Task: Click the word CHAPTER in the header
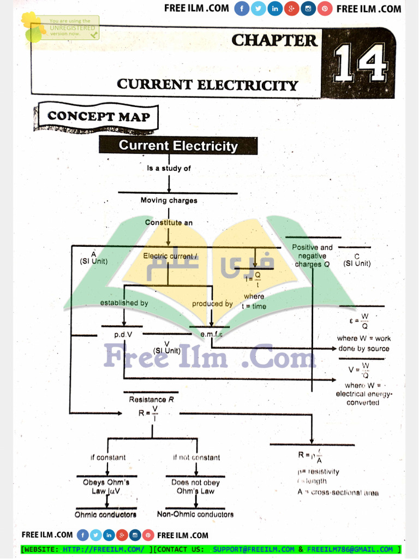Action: coord(274,40)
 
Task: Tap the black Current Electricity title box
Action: coord(178,146)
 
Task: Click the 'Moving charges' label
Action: coord(169,200)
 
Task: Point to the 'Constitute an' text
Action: coord(169,223)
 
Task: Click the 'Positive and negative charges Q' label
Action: coord(312,255)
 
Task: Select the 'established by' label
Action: coord(124,303)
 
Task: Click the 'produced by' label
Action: coord(212,304)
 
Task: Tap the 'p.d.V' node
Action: coord(123,334)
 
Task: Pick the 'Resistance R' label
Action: coord(151,400)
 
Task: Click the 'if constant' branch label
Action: coord(108,457)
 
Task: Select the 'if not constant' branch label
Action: coord(196,457)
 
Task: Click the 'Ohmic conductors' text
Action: coord(106,514)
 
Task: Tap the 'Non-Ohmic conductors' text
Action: coord(195,514)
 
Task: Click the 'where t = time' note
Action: coord(254,301)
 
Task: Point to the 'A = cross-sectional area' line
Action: coord(338,492)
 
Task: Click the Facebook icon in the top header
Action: coord(242,9)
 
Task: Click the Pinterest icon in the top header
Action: coord(325,9)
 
